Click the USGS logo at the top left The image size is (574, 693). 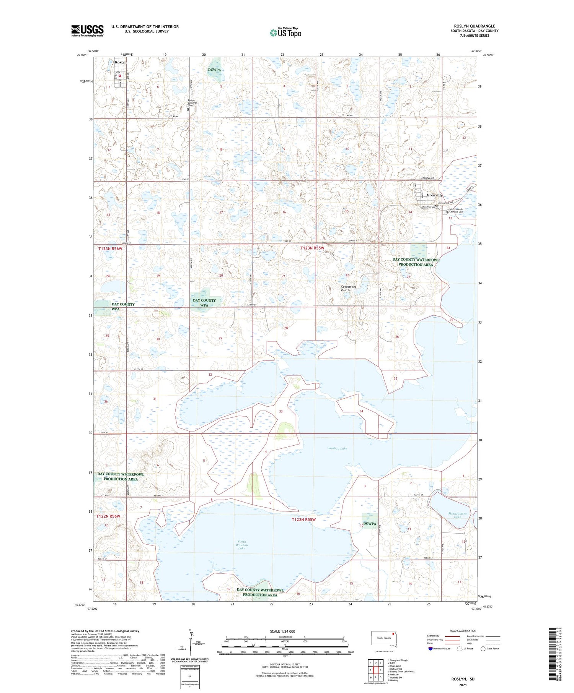coord(87,31)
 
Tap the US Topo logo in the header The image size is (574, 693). coord(285,32)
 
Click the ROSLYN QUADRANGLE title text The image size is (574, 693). coord(475,26)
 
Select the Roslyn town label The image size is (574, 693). coord(121,62)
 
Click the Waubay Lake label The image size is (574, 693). coord(337,448)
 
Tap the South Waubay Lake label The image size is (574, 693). coord(241,545)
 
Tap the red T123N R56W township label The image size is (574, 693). coord(110,249)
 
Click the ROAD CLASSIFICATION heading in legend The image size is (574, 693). coord(463,631)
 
